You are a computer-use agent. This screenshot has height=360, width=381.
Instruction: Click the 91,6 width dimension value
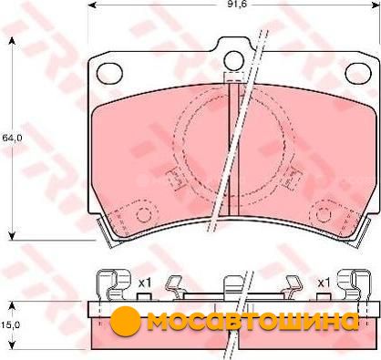coord(233,5)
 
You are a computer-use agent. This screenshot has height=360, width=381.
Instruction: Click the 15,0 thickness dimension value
coord(10,324)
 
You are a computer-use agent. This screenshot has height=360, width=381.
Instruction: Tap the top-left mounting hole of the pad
coord(109,73)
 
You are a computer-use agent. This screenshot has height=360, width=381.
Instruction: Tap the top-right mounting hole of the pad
coord(358,73)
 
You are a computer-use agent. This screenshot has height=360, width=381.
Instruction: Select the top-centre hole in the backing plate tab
coord(234,61)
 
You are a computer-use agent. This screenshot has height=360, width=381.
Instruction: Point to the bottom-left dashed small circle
coord(144,215)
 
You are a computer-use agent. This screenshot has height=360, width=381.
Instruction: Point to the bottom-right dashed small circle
coord(324,215)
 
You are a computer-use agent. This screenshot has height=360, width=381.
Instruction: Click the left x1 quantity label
coord(144,283)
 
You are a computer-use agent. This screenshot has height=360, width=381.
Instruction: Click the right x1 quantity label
coord(324,283)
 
